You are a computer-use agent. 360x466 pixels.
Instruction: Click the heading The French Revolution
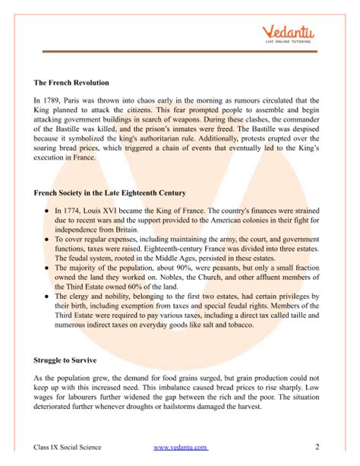tap(72, 82)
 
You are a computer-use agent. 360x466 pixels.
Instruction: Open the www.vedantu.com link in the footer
tap(180, 447)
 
